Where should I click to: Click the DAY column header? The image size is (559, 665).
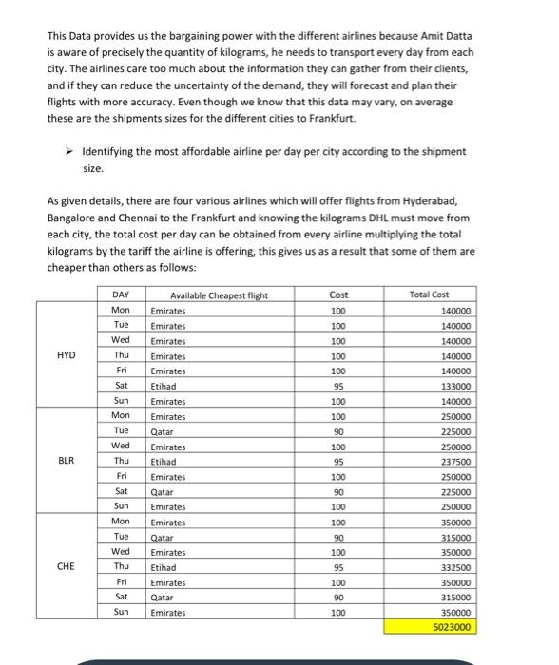pyautogui.click(x=121, y=295)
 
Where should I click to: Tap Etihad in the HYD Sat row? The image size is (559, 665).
pyautogui.click(x=164, y=388)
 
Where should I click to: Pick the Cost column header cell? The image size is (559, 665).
pyautogui.click(x=338, y=295)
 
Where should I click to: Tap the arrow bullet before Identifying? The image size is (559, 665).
pyautogui.click(x=69, y=151)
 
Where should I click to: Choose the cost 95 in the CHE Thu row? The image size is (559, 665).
pyautogui.click(x=338, y=567)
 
